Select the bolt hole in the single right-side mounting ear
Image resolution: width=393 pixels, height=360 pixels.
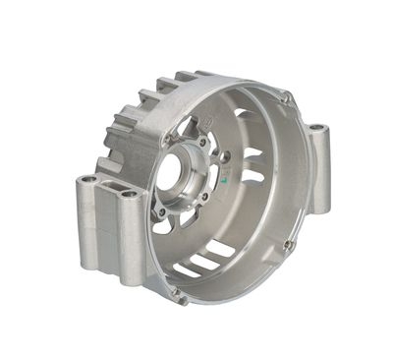315,129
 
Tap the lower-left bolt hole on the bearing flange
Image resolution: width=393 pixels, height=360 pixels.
161,210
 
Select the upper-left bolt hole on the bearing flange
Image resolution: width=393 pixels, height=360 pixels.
161,150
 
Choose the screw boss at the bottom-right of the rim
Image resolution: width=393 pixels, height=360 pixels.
289,244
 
